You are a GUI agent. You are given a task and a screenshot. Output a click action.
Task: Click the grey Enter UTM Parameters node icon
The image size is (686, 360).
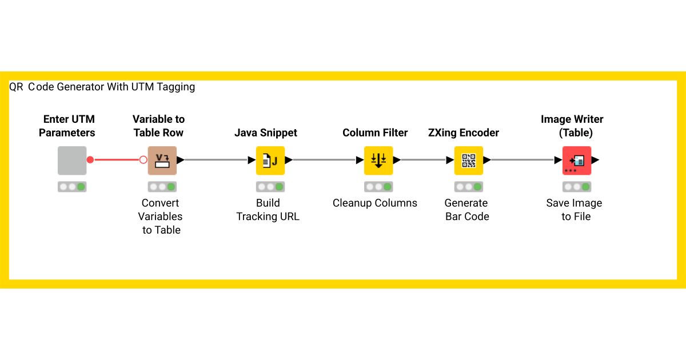click(72, 161)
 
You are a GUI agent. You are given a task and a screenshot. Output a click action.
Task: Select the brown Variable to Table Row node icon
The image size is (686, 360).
click(162, 161)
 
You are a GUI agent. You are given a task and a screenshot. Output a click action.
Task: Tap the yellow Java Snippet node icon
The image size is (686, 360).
click(270, 161)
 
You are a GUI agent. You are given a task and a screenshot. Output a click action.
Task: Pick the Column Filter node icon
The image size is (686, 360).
click(378, 161)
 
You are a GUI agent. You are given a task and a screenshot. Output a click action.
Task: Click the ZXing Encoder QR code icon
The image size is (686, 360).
click(469, 161)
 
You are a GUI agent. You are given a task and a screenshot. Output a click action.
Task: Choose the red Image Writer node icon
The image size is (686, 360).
click(576, 161)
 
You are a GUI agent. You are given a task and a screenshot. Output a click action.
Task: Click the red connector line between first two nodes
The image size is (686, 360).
click(117, 160)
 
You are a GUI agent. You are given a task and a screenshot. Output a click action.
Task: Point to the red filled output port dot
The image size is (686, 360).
click(90, 160)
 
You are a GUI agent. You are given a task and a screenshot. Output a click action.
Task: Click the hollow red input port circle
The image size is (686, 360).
click(143, 160)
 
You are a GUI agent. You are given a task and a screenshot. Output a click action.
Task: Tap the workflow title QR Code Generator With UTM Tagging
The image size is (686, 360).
click(102, 87)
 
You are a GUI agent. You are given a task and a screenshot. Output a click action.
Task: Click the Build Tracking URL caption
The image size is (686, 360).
click(268, 210)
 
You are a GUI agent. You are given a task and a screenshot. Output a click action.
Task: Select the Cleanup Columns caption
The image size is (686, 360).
click(375, 203)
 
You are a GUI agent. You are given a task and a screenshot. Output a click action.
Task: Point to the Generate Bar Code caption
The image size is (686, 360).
click(466, 210)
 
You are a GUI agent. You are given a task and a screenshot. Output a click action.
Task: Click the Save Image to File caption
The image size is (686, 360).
click(575, 210)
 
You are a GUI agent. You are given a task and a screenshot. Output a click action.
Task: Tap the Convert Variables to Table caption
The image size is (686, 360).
click(161, 217)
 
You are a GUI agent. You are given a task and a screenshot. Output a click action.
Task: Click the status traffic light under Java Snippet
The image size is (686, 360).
click(270, 187)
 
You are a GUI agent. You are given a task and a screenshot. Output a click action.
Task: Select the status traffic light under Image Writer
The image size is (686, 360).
click(576, 187)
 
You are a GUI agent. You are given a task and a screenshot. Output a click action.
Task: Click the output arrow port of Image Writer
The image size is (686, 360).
click(595, 161)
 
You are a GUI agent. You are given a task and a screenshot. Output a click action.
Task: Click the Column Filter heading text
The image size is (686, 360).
click(375, 133)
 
